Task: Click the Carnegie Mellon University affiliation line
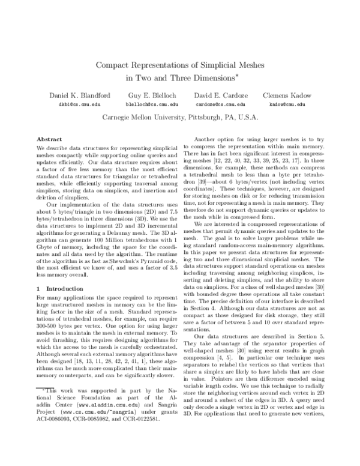[x=180, y=118]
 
